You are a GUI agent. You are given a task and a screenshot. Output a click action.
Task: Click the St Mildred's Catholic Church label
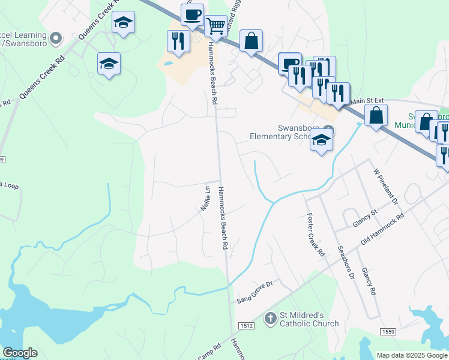(x=310, y=319)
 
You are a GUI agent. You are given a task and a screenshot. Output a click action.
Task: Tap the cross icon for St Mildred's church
(x=271, y=318)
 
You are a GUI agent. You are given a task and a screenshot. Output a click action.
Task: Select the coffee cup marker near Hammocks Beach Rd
(x=192, y=15)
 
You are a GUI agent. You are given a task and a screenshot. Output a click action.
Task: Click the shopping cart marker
(x=215, y=26)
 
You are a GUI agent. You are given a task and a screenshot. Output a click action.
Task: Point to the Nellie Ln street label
(x=205, y=197)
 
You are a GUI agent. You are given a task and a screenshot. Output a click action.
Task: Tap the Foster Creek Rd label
(x=315, y=235)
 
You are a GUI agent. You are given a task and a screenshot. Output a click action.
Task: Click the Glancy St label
(x=365, y=217)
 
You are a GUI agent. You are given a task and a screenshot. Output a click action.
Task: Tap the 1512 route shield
(x=246, y=326)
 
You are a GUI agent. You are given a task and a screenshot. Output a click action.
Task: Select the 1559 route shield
(x=388, y=332)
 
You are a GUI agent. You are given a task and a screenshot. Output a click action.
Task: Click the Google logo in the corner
(x=20, y=353)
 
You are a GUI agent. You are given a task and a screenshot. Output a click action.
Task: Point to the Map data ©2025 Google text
(x=412, y=355)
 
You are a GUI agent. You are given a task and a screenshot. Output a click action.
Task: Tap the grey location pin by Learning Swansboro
(x=56, y=39)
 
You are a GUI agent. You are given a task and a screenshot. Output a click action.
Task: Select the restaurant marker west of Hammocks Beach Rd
(x=178, y=41)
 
